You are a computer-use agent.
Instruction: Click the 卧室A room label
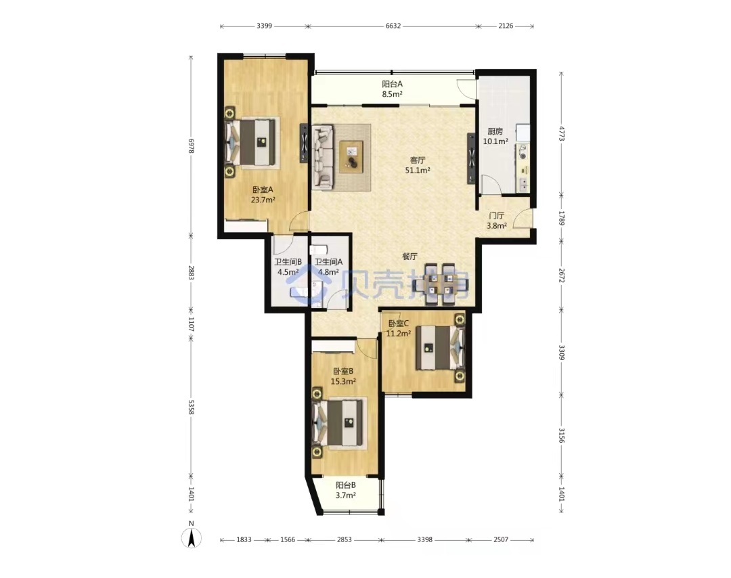tap(263, 190)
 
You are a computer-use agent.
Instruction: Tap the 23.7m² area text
tap(263, 200)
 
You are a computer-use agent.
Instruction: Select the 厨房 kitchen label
tap(495, 131)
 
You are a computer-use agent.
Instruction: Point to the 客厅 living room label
tap(417, 160)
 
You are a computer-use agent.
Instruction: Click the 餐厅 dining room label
tap(409, 257)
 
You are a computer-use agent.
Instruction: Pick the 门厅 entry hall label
tap(497, 216)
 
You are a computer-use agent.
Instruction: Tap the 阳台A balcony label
tap(392, 84)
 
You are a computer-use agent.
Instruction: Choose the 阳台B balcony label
tap(345, 485)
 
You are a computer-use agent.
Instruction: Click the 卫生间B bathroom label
tap(288, 262)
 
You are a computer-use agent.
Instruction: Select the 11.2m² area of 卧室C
tap(398, 333)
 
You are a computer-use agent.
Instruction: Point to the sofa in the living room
tap(323, 156)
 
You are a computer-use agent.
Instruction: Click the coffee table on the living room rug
tap(351, 157)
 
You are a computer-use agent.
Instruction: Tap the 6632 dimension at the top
tap(393, 26)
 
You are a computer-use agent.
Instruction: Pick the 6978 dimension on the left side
tap(191, 146)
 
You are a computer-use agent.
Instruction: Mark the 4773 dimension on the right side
tap(562, 133)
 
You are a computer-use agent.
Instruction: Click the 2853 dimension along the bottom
tap(344, 540)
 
